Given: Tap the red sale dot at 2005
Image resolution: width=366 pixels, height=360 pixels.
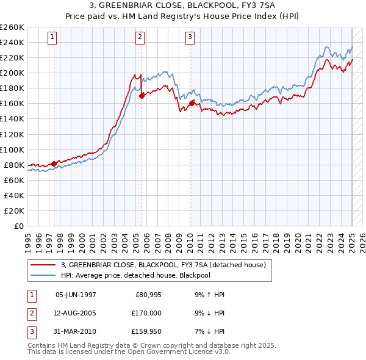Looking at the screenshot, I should click(x=142, y=96).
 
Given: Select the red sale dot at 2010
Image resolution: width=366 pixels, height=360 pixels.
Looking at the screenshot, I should click(x=192, y=103).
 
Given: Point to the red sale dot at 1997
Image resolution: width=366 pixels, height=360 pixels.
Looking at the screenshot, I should click(x=54, y=164).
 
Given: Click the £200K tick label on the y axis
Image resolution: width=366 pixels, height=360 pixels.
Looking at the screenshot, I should click(x=12, y=73).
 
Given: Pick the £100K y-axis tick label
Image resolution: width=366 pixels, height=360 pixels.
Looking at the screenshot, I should click(x=12, y=149).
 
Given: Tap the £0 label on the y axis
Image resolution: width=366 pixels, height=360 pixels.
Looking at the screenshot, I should click(x=18, y=226).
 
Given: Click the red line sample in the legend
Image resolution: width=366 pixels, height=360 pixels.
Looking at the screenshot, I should click(x=44, y=265).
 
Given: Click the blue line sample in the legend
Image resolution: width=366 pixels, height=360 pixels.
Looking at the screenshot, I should click(x=44, y=275).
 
